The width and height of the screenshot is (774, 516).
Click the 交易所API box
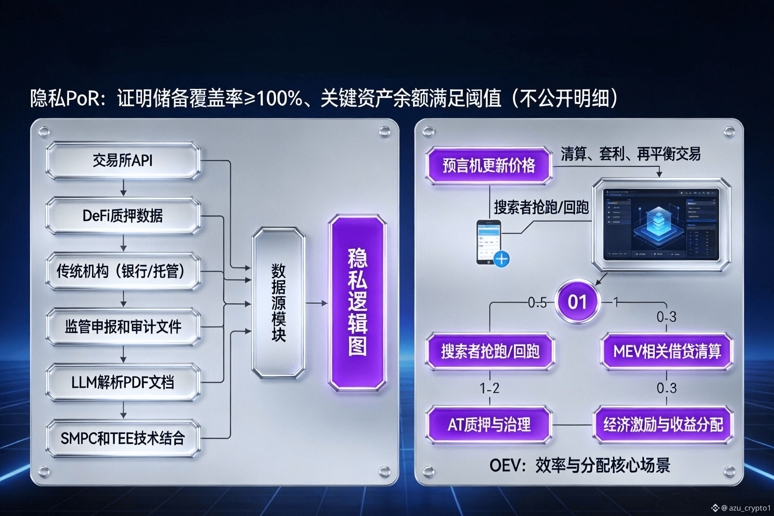click(123, 161)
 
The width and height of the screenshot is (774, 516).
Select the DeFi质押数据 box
click(123, 216)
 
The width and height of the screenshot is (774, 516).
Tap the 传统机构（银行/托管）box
click(123, 271)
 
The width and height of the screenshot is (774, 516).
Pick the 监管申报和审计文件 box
click(123, 327)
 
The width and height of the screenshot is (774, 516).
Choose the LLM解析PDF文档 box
click(123, 382)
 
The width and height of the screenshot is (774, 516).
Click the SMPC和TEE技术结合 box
click(123, 438)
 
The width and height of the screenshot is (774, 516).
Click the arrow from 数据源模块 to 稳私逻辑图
click(317, 303)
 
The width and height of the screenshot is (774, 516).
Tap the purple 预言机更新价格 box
click(489, 166)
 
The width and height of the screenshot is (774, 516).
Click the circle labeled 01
click(577, 302)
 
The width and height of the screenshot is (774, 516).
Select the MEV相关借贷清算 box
click(667, 351)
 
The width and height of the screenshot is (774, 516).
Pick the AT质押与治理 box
click(489, 425)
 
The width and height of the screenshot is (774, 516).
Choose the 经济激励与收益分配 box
click(663, 425)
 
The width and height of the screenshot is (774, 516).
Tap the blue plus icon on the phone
click(501, 259)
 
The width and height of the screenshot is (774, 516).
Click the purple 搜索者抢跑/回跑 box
click(490, 351)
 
